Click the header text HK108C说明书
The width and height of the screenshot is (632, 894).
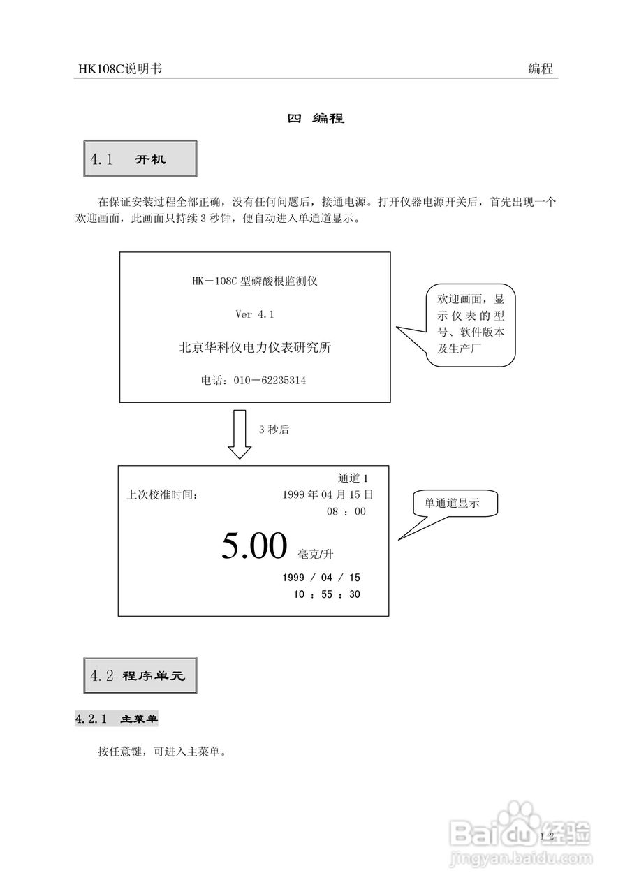120,68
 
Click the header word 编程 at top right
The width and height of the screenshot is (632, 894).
541,68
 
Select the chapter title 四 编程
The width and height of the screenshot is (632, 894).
316,118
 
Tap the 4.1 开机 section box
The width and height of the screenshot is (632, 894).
140,159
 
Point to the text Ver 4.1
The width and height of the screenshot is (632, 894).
255,315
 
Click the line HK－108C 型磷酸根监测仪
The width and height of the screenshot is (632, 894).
255,281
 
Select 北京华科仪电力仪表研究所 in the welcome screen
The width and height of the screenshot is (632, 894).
255,347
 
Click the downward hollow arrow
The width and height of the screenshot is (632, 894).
240,434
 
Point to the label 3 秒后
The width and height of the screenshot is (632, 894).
274,430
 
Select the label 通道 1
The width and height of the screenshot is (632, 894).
353,478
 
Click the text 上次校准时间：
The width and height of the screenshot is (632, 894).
162,495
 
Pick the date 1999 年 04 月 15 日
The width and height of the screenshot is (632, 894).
328,494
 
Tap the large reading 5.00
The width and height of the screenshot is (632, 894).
254,546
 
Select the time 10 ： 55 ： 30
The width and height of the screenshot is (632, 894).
327,594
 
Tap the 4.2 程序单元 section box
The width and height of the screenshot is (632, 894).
140,675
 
